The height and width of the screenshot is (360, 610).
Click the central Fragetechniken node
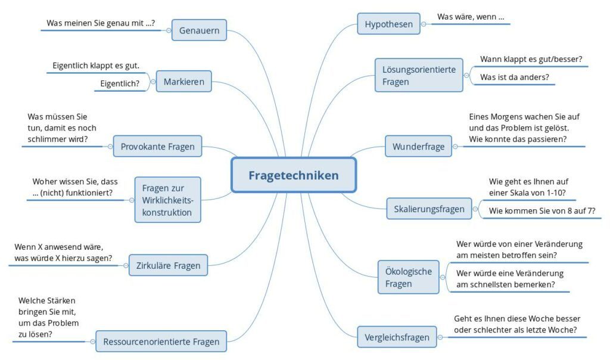pyautogui.click(x=294, y=175)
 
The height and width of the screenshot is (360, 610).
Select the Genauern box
pyautogui.click(x=199, y=30)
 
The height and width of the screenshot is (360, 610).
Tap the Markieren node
pyautogui.click(x=183, y=81)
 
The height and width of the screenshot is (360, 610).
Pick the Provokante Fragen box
pyautogui.click(x=157, y=147)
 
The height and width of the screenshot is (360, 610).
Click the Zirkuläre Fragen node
pyautogui.click(x=168, y=265)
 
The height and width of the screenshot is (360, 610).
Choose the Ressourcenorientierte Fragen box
pyautogui.click(x=161, y=342)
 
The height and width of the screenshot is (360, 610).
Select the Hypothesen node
pyautogui.click(x=388, y=24)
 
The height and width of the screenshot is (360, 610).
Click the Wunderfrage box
pyautogui.click(x=418, y=147)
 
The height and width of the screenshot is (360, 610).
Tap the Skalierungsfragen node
pyautogui.click(x=429, y=209)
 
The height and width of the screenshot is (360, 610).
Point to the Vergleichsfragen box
pyautogui.click(x=397, y=337)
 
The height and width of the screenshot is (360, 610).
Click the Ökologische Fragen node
pyautogui.click(x=409, y=277)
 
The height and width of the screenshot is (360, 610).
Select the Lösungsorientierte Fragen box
pyautogui.click(x=419, y=75)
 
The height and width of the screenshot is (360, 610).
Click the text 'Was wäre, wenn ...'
pyautogui.click(x=471, y=17)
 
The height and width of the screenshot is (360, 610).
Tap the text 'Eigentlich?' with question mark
pyautogui.click(x=120, y=83)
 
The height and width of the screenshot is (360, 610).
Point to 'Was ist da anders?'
pyautogui.click(x=515, y=77)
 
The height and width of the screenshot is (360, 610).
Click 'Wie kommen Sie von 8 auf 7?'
pyautogui.click(x=542, y=211)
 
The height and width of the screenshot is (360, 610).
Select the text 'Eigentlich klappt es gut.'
pyautogui.click(x=96, y=66)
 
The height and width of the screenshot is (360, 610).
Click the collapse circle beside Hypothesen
pyautogui.click(x=424, y=24)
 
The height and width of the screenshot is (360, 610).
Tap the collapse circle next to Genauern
pyautogui.click(x=169, y=30)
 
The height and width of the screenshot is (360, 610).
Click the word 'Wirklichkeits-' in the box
pyautogui.click(x=167, y=200)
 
